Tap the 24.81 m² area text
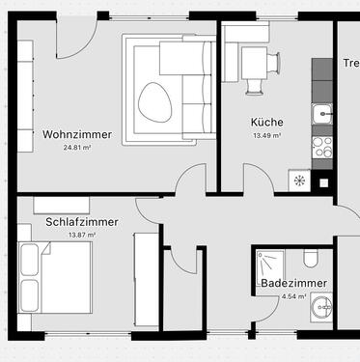tap(76, 148)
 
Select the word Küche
tap(266, 123)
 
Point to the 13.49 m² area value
tap(266, 136)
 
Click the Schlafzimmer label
tap(82, 222)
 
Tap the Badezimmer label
tap(293, 284)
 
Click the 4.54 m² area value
tap(293, 297)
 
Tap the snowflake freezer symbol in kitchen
tap(299, 181)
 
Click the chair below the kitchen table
tap(256, 85)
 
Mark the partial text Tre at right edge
tap(350, 64)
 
